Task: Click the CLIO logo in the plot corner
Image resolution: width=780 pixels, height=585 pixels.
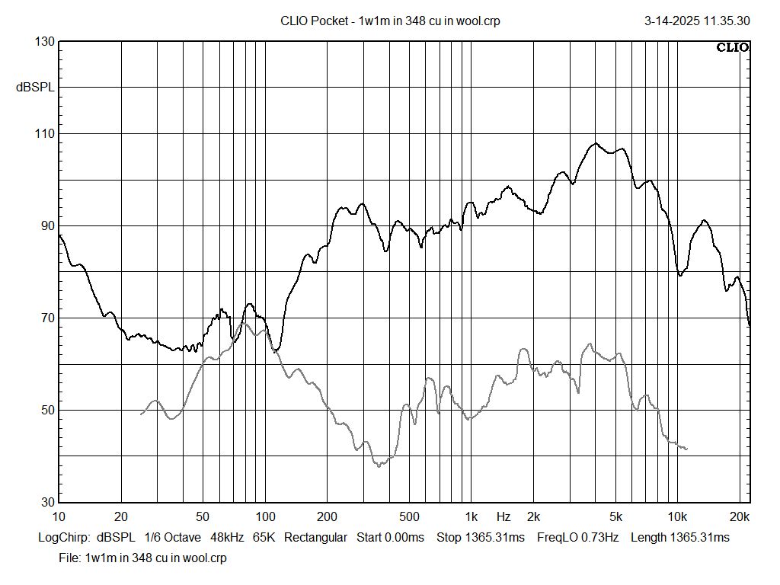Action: click(x=733, y=48)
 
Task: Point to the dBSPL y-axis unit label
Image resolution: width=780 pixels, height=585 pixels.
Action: click(x=35, y=88)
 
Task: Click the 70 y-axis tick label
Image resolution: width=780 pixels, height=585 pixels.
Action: click(x=47, y=318)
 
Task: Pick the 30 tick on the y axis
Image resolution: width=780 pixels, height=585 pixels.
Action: click(x=47, y=503)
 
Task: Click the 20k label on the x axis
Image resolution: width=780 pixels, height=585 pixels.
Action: click(x=740, y=516)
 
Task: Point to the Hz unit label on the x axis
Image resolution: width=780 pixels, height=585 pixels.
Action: click(x=504, y=516)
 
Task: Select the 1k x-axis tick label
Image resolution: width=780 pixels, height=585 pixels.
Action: click(x=472, y=516)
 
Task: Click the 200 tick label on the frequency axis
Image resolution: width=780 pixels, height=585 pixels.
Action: click(x=327, y=516)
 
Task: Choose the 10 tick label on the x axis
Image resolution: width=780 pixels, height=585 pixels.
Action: click(x=59, y=516)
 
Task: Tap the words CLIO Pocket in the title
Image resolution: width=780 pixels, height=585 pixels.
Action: click(x=314, y=21)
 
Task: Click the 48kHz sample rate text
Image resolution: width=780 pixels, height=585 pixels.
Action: click(x=227, y=538)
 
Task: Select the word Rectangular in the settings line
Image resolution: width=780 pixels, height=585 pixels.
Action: click(x=315, y=538)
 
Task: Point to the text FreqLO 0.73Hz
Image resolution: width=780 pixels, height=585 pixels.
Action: click(x=577, y=538)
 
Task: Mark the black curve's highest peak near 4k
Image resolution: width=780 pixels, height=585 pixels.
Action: click(x=596, y=143)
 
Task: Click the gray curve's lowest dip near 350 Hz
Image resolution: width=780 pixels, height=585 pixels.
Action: click(x=379, y=465)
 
